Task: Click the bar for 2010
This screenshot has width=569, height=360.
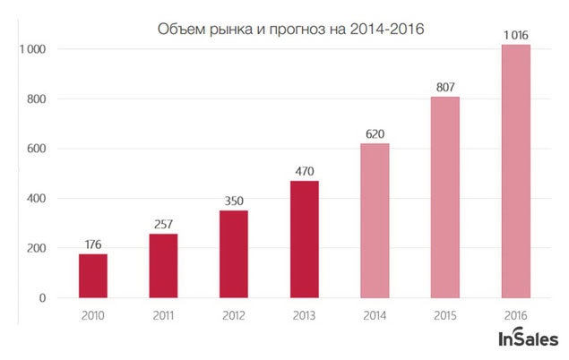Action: tap(92, 276)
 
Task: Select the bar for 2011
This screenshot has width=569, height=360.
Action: tap(163, 266)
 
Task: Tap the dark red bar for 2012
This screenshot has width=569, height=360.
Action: tap(233, 254)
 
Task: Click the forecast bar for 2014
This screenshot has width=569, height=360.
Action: tap(375, 220)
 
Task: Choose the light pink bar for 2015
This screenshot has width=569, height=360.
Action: tap(444, 197)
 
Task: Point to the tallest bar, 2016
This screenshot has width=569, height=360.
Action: tap(515, 171)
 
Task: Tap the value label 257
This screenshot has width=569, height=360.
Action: tap(163, 221)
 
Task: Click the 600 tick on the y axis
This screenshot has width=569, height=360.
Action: tap(35, 149)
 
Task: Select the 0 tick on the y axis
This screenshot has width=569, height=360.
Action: tap(41, 298)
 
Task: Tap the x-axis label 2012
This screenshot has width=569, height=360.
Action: tap(233, 315)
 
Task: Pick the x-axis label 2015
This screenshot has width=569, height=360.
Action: tap(444, 315)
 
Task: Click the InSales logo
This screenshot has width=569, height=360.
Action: tap(528, 338)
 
